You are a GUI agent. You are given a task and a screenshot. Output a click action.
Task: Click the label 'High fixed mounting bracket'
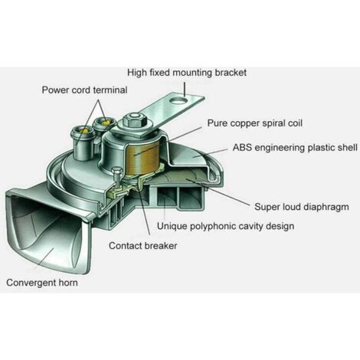(x=187, y=73)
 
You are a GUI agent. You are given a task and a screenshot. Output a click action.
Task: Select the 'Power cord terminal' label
(x=84, y=90)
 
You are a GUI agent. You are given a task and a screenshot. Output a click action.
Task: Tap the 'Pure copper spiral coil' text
(x=255, y=123)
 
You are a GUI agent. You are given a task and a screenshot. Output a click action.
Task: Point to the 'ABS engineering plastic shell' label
(x=295, y=148)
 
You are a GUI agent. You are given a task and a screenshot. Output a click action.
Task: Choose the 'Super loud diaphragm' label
(x=302, y=207)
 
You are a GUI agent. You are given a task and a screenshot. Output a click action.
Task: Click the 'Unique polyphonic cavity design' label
(x=225, y=226)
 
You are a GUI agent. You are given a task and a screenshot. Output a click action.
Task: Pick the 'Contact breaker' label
(x=143, y=246)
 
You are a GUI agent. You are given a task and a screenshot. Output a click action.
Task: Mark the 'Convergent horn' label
(x=42, y=283)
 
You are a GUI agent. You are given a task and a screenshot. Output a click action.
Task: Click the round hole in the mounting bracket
(x=179, y=100)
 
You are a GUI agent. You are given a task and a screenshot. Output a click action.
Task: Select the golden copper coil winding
(x=142, y=159)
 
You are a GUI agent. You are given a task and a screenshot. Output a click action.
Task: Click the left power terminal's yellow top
(x=84, y=130)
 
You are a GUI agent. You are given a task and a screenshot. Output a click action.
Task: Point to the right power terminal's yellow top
(x=106, y=123)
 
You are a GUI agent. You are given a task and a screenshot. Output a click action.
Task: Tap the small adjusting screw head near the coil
(x=117, y=171)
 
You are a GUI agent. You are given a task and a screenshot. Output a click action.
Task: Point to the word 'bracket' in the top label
(x=231, y=73)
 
